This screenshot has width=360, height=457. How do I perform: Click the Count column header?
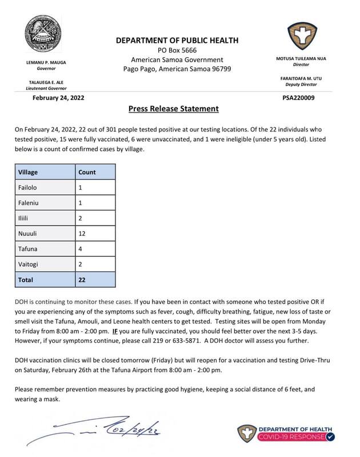pyautogui.click(x=87, y=171)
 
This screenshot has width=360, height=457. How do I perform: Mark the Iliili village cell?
pyautogui.click(x=24, y=218)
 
